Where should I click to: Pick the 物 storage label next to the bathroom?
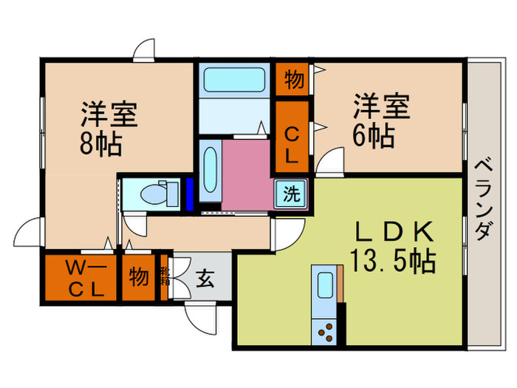pyautogui.click(x=293, y=80)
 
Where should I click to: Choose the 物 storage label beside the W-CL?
pyautogui.click(x=138, y=277)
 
